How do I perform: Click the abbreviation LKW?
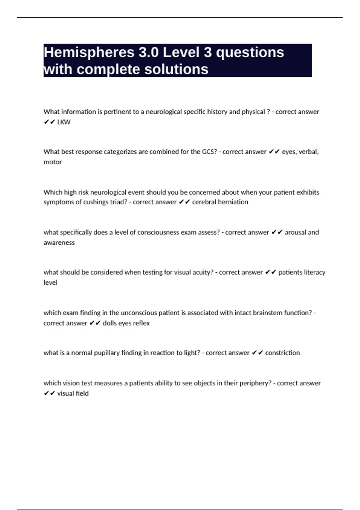tap(64, 122)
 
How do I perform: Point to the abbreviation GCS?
tap(209, 152)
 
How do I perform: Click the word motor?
tap(52, 162)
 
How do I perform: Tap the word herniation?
tap(233, 202)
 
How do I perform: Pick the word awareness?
tap(59, 242)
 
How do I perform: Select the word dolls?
tap(109, 323)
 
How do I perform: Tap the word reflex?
tap(141, 323)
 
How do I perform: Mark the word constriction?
tap(282, 353)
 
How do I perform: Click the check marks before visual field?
tap(49, 393)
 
